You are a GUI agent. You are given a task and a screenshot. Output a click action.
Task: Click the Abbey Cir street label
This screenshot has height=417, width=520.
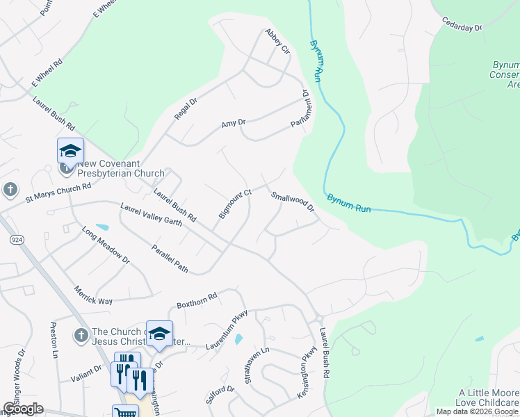[x=277, y=41]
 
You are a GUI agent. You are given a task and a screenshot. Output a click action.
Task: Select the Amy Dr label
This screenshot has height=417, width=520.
[x=234, y=124]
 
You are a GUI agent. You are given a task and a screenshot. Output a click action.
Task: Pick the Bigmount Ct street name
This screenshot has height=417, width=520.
[x=234, y=204]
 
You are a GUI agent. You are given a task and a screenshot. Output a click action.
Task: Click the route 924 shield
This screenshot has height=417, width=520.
[x=15, y=239]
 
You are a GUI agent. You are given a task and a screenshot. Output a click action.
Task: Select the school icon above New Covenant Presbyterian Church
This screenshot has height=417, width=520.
[x=70, y=150]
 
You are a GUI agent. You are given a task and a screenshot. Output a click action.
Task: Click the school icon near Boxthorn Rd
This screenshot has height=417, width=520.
[x=159, y=334]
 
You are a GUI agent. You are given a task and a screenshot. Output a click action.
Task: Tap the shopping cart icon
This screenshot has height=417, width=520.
[x=125, y=412]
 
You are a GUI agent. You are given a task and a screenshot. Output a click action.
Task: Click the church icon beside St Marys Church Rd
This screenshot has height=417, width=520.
[x=10, y=189]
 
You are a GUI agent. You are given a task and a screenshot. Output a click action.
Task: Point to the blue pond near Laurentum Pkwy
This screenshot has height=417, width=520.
[x=239, y=339]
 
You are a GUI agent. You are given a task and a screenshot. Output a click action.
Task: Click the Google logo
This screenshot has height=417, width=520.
[x=23, y=409]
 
